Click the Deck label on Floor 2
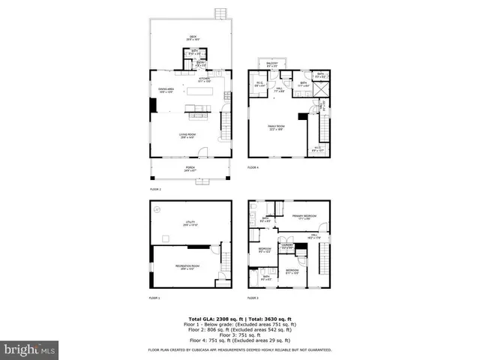pos(190,39)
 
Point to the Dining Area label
pos(166,91)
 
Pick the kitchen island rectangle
pos(199,91)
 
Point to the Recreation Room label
pos(187,266)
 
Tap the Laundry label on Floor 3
pos(286,246)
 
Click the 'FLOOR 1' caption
pos(154,298)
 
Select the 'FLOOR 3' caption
pos(253,298)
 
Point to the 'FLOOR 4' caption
pos(253,167)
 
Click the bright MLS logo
pos(30,349)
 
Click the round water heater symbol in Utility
pos(157,210)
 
